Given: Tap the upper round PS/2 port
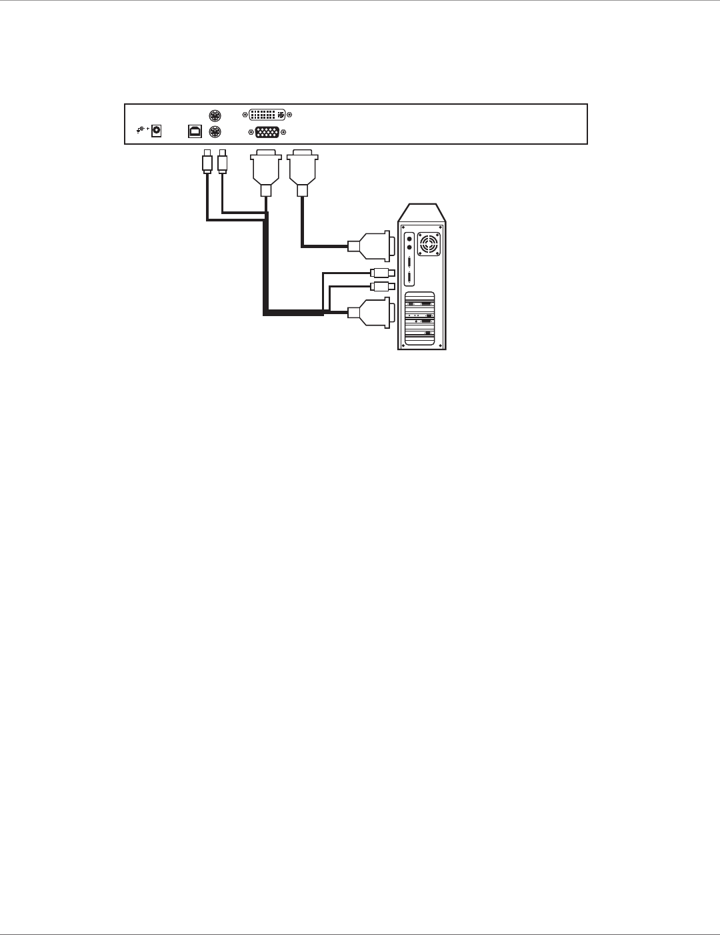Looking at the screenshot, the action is pyautogui.click(x=215, y=115).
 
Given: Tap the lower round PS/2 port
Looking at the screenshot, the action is pyautogui.click(x=215, y=131).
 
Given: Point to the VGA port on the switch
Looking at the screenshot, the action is pyautogui.click(x=267, y=131).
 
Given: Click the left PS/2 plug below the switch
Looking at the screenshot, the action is pyautogui.click(x=207, y=162).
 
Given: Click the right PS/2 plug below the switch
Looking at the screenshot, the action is pyautogui.click(x=223, y=162).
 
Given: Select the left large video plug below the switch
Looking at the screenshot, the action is pyautogui.click(x=265, y=169).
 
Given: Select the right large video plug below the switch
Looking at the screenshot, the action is pyautogui.click(x=303, y=169).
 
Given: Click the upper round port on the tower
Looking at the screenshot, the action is pyautogui.click(x=409, y=237).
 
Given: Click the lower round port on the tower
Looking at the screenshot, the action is pyautogui.click(x=409, y=247).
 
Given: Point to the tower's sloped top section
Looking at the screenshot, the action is pyautogui.click(x=422, y=213).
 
